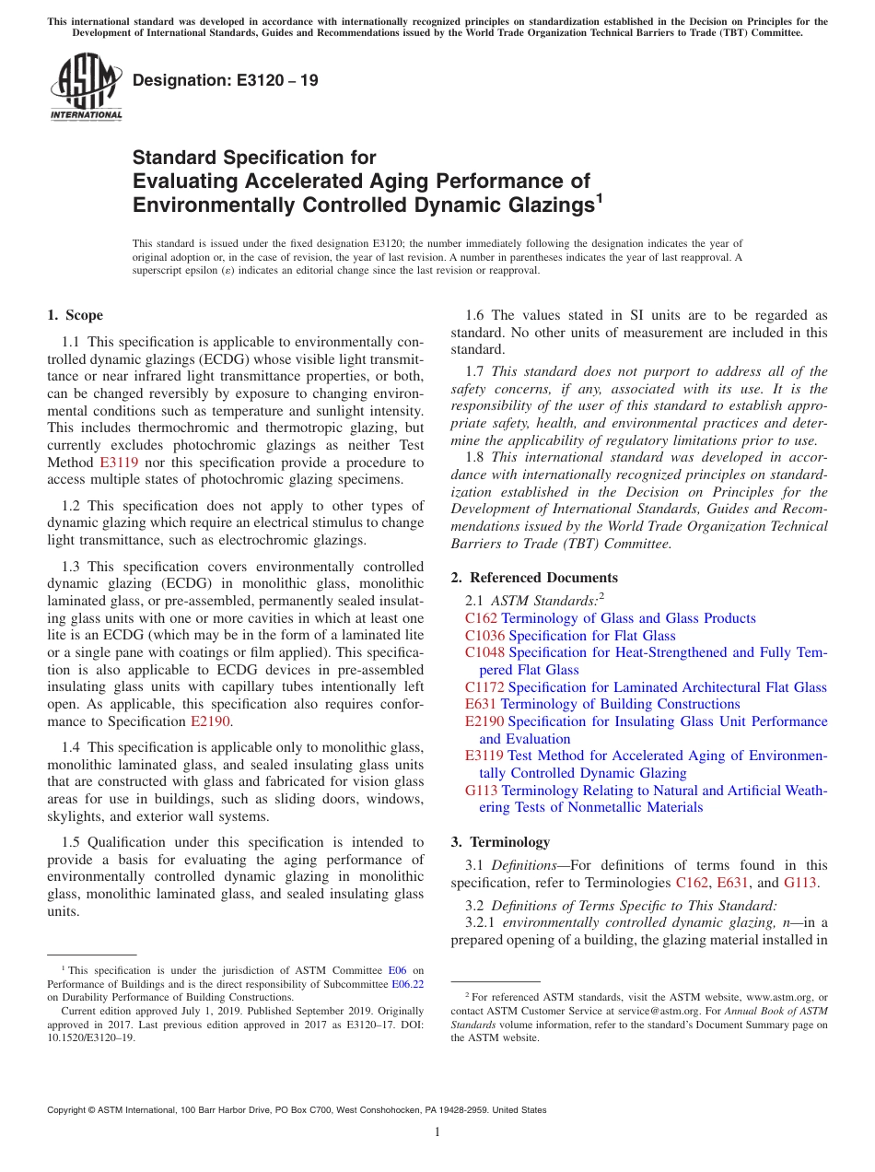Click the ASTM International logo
(x=86, y=87)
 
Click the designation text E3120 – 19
(x=226, y=81)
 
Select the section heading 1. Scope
(x=76, y=316)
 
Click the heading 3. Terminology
(x=500, y=842)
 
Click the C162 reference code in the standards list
(x=481, y=619)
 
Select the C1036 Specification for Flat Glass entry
(x=570, y=636)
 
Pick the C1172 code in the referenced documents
(x=484, y=687)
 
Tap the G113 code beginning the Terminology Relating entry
(x=481, y=791)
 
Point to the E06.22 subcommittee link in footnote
(x=407, y=983)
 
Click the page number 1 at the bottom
(x=437, y=1131)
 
